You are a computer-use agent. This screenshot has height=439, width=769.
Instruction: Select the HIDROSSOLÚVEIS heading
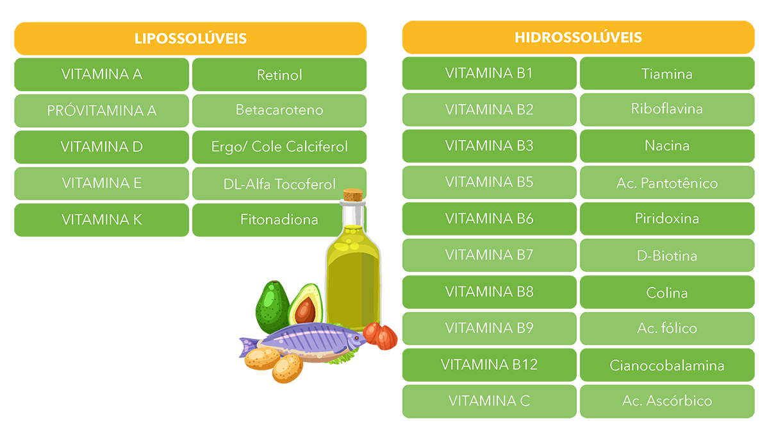578,37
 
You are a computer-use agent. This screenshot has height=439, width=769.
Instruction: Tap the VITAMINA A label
102,74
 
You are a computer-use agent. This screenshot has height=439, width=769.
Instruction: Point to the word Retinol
279,75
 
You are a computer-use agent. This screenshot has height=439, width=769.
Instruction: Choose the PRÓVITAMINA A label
102,110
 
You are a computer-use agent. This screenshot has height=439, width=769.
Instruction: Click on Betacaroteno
279,110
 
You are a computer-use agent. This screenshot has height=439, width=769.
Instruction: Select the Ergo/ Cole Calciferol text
279,147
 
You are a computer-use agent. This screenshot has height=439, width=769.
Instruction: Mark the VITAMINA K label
102,219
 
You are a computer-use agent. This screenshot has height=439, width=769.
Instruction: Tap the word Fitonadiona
279,219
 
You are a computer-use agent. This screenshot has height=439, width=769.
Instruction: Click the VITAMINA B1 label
489,73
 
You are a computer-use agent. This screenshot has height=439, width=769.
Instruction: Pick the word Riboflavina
666,108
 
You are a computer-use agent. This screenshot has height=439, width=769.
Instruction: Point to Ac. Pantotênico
666,184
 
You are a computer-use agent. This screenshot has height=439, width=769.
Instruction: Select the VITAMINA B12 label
489,365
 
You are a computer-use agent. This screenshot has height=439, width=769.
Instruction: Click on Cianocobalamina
666,366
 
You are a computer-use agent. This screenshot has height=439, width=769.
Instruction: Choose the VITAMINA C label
489,401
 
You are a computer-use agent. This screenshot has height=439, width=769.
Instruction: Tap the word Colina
666,293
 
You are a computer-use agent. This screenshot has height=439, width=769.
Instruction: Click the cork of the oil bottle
352,195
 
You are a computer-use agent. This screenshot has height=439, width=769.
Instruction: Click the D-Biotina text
666,256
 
